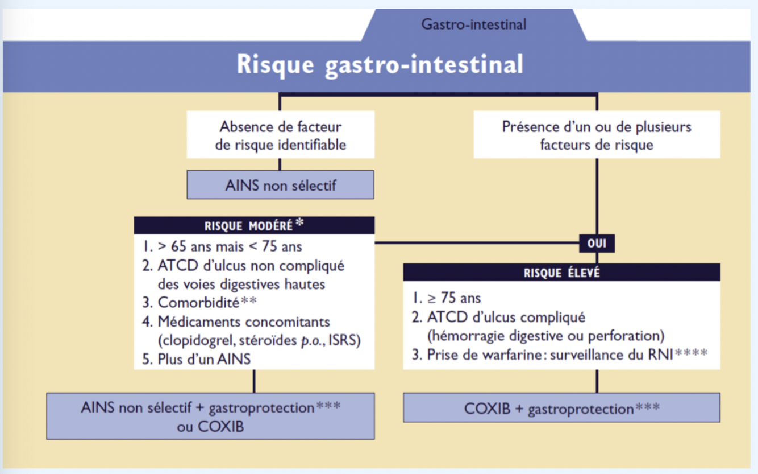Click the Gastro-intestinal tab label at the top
click(473, 24)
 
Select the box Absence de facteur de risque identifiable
click(281, 135)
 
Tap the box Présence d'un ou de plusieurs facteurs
click(597, 135)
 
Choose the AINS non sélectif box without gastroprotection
click(281, 185)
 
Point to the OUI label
click(597, 244)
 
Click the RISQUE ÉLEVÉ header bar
click(561, 273)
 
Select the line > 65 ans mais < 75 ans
click(223, 247)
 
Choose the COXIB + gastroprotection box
click(561, 408)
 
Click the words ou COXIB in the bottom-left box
click(210, 426)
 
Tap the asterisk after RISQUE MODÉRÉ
click(299, 223)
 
